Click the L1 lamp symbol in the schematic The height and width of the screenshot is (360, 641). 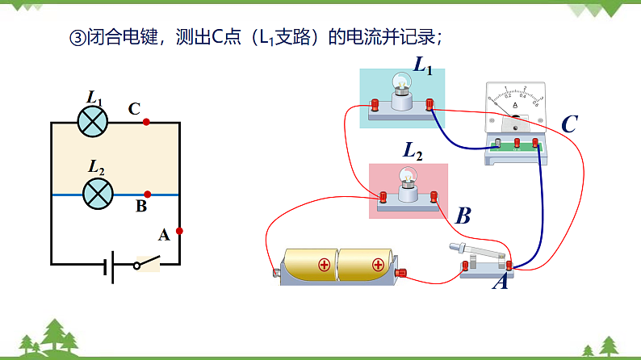93,122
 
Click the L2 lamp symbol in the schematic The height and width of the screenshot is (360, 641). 98,194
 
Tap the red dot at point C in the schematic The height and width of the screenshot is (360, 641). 146,123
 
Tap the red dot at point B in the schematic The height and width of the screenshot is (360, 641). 147,195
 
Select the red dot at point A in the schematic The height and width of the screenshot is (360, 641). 179,231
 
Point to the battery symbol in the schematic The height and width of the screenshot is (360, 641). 108,264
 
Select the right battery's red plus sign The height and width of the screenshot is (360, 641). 379,264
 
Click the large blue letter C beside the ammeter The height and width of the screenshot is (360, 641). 569,124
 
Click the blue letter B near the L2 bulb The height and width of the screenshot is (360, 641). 463,216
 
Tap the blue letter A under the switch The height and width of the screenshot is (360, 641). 500,283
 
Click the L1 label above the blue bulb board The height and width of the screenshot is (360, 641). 423,65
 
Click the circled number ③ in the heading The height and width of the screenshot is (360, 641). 78,37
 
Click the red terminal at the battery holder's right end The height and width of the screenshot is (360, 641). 400,273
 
